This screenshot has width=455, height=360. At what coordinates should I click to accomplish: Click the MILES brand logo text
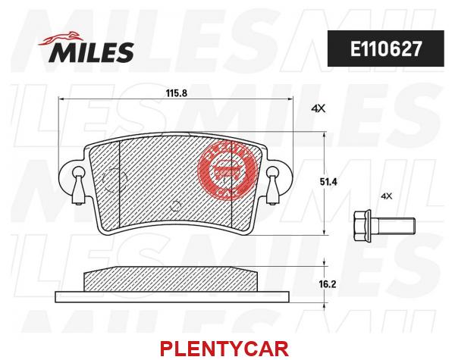(x=91, y=52)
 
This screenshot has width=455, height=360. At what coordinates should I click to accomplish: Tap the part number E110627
(x=386, y=49)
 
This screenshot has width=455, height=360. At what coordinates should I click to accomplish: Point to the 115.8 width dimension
(x=177, y=93)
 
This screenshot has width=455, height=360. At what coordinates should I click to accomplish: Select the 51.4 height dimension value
(x=328, y=182)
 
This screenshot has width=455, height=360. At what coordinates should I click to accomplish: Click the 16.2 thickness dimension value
(x=328, y=284)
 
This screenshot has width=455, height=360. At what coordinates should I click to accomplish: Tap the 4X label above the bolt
(x=386, y=196)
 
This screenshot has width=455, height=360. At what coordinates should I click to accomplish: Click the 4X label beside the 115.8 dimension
(x=318, y=109)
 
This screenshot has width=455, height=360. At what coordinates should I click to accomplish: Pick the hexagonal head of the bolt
(x=362, y=226)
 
